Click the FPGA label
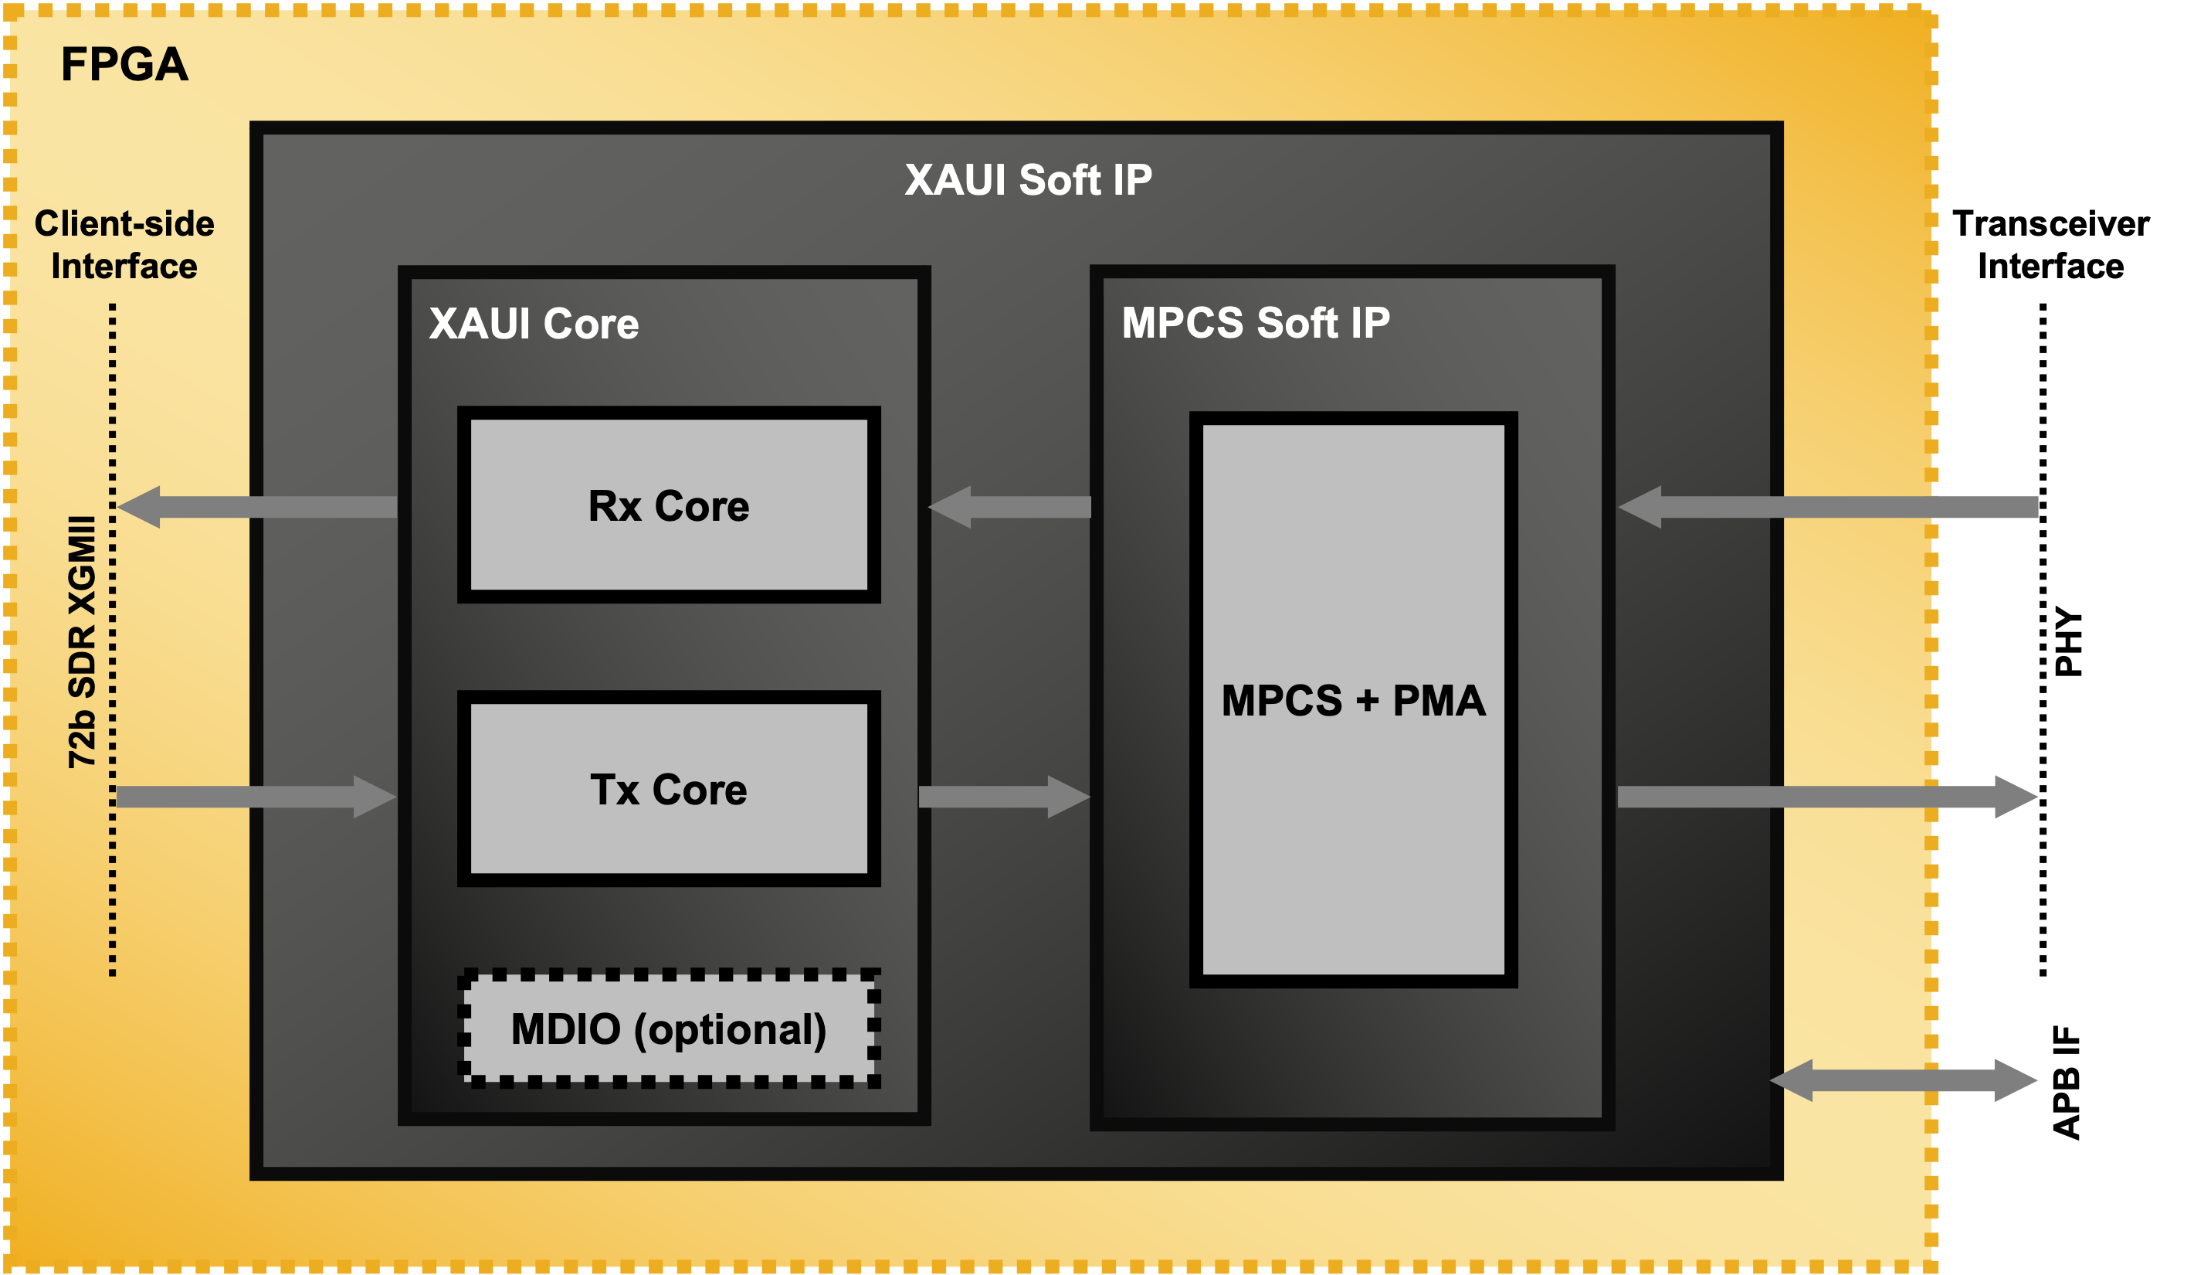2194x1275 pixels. [124, 64]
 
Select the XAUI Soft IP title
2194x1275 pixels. [1027, 180]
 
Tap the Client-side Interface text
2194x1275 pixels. [124, 245]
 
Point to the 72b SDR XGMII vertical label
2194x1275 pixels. [82, 642]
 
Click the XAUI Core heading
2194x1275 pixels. [534, 324]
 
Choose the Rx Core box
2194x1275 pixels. [669, 505]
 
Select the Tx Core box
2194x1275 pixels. [669, 789]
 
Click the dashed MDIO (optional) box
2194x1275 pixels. [669, 1028]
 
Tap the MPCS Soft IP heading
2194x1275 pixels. [1256, 323]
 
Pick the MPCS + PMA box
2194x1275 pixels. [1353, 699]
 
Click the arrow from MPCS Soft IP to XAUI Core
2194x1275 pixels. [1010, 507]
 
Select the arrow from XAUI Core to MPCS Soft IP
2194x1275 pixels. [1005, 796]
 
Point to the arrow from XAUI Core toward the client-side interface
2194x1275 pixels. [258, 507]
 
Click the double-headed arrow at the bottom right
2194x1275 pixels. [1903, 1080]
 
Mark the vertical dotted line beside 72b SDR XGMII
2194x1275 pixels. [112, 640]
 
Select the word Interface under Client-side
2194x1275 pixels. [124, 267]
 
